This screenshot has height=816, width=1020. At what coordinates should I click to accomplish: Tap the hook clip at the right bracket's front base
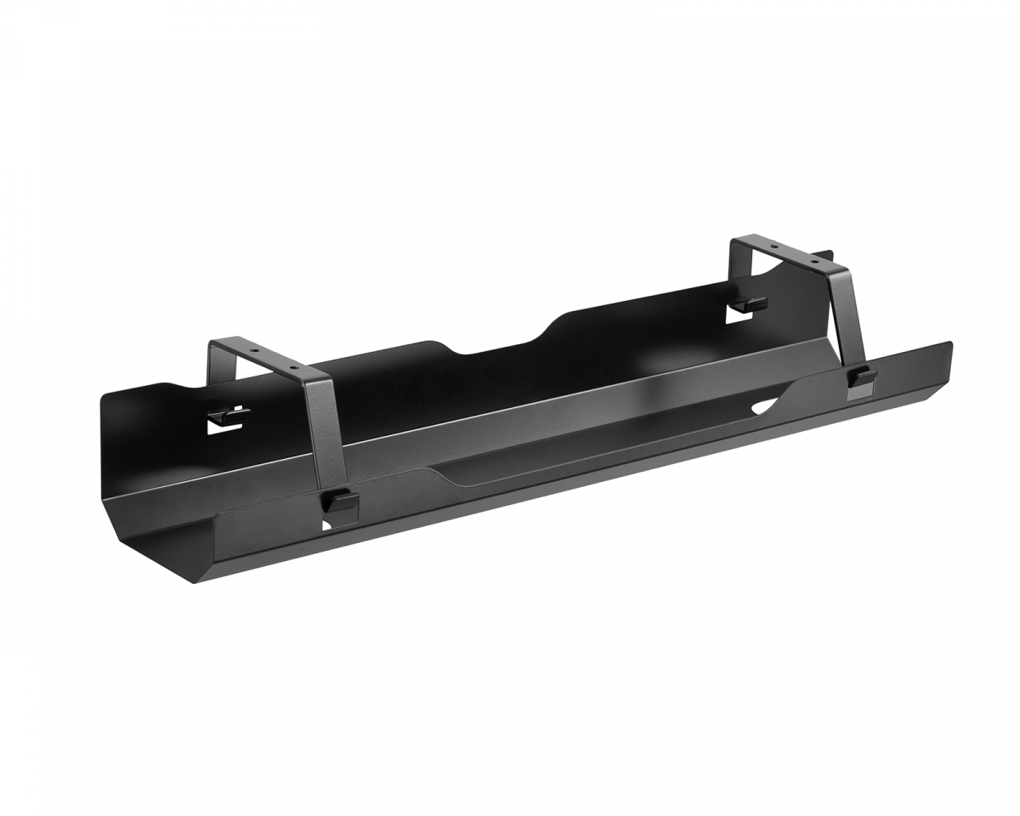tap(863, 377)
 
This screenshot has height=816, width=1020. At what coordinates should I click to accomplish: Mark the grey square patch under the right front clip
tap(856, 390)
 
